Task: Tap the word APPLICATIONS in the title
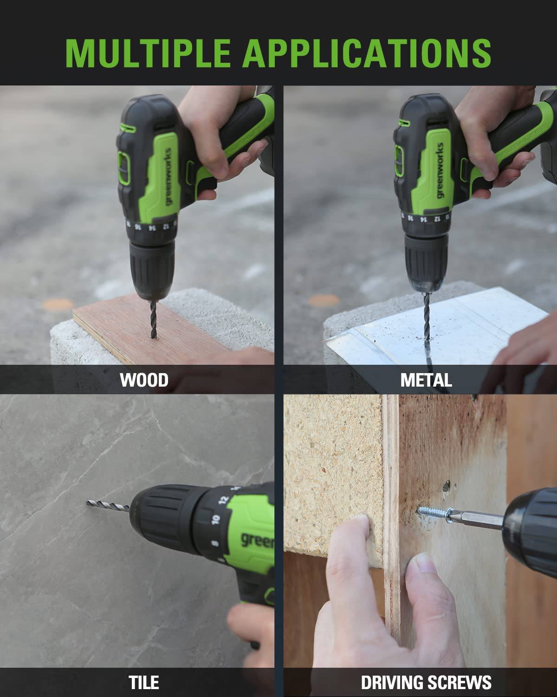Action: [367, 53]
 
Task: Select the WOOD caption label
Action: [144, 380]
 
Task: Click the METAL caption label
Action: [426, 380]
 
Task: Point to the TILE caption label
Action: [144, 682]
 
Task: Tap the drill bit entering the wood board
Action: [154, 319]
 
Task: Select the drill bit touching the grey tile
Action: [108, 504]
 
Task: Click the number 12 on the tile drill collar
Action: [224, 500]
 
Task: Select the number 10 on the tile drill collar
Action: [215, 519]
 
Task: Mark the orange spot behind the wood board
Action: [58, 304]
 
